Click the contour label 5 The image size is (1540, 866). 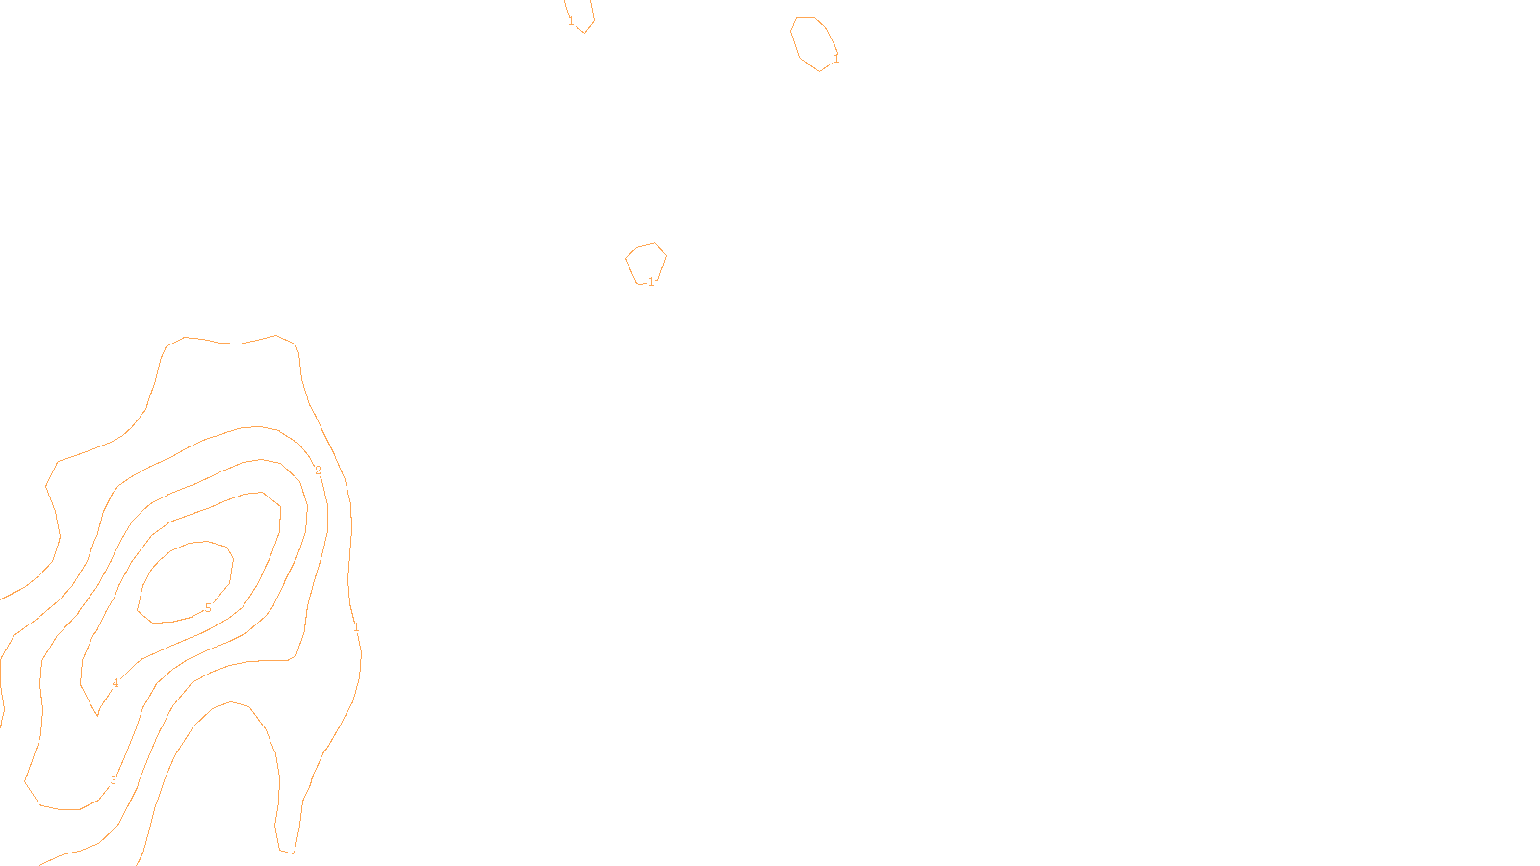(x=208, y=608)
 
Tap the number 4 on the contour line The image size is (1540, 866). (x=115, y=684)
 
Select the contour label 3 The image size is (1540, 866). (x=113, y=780)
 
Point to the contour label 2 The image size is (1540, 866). (x=319, y=471)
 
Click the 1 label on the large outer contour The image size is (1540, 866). (x=356, y=627)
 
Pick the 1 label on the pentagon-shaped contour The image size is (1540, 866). (x=651, y=282)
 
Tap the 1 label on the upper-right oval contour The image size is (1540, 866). (x=836, y=59)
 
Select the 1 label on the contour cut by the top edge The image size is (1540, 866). (x=571, y=20)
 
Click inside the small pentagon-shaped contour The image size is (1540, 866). (x=646, y=263)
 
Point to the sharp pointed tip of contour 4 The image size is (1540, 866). (x=97, y=715)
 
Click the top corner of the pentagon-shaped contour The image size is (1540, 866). (x=654, y=243)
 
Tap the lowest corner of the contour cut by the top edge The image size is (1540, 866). (x=584, y=33)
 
